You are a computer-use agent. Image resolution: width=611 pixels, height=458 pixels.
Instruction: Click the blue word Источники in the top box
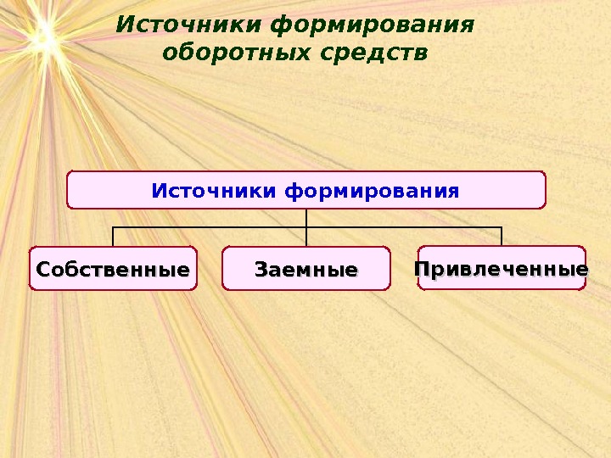[x=215, y=189]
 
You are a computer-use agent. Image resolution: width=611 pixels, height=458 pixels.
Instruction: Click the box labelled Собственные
[x=113, y=269]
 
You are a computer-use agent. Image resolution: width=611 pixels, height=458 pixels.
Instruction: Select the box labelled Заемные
[x=306, y=269]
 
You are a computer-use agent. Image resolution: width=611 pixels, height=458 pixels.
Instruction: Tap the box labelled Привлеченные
[x=502, y=268]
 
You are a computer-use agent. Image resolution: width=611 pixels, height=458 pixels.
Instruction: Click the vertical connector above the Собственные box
[x=113, y=237]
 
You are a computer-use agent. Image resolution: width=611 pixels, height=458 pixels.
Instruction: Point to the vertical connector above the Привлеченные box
[x=502, y=236]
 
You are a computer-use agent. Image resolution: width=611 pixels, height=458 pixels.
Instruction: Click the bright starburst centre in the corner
[x=40, y=36]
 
